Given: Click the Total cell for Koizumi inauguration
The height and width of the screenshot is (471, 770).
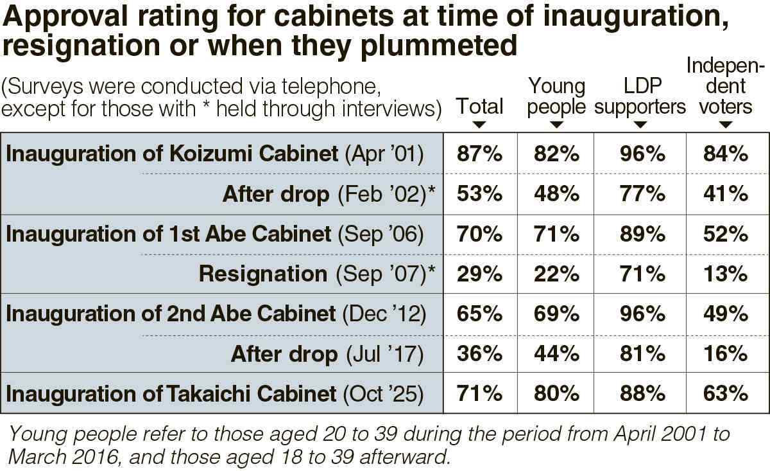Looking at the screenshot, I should pos(479,154).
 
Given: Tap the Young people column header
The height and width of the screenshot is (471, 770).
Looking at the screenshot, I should pos(556,96).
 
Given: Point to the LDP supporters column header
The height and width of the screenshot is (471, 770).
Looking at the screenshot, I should pos(640,96).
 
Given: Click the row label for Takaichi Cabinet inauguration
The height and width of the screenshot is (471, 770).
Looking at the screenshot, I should pos(214,393).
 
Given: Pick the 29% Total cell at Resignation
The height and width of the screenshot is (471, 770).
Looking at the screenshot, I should pos(479,274).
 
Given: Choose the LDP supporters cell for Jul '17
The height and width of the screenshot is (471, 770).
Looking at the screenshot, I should pos(640,353).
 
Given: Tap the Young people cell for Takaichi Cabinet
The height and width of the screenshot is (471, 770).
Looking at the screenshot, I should pos(556,393).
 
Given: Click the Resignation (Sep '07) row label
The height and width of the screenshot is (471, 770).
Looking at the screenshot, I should pos(317,274).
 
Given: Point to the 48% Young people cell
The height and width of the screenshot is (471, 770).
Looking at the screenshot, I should pos(556,194).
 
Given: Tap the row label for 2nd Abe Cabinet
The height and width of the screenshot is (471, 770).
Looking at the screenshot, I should pos(216,314).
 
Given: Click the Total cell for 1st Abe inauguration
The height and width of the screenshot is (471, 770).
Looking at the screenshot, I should pos(479,234).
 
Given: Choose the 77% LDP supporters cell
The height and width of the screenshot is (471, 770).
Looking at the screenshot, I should pos(640,194).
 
